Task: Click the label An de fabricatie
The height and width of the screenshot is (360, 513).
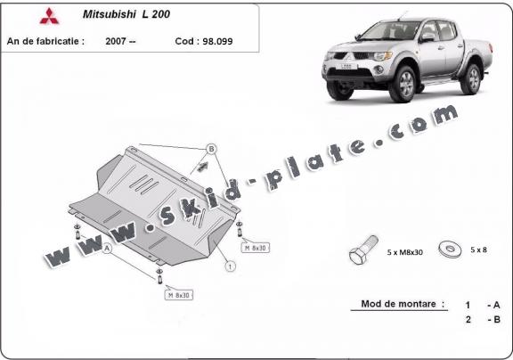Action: coord(45,41)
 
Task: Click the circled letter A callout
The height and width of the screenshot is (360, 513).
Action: coord(108,250)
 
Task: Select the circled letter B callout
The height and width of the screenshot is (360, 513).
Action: coord(211,148)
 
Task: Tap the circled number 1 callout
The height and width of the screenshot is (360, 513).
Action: coord(230,266)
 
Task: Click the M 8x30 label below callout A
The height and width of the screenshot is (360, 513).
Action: coord(178,293)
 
